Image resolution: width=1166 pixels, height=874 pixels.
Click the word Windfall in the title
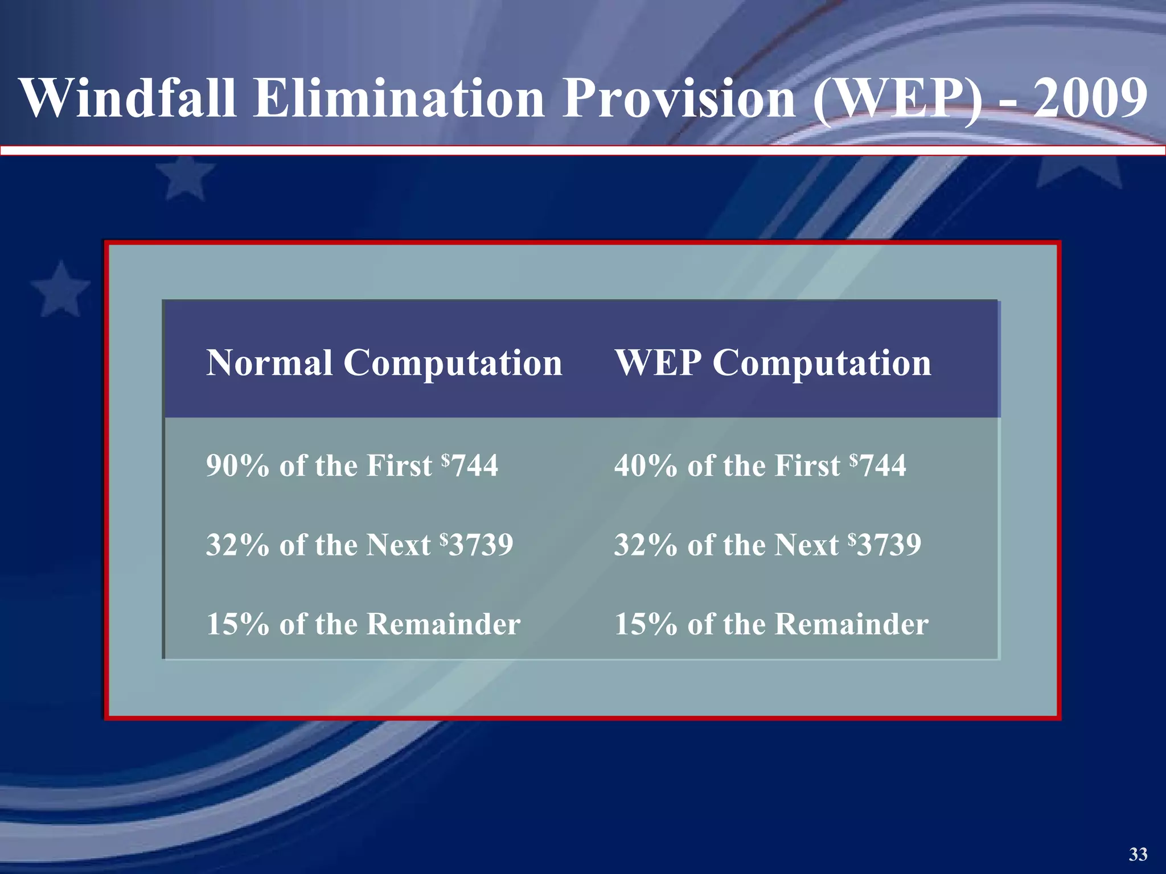pos(128,98)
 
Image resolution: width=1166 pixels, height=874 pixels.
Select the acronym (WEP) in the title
pos(898,99)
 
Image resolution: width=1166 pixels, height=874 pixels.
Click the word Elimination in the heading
pos(399,98)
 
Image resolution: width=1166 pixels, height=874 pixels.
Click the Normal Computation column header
pos(384,362)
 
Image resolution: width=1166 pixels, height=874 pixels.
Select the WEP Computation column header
pos(773,362)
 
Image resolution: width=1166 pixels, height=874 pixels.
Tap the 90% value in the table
pos(237,465)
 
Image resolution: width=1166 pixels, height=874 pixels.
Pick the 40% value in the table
pos(646,465)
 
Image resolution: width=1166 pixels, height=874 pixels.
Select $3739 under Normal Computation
pos(477,544)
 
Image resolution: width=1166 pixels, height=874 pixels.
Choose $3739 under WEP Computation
pos(885,544)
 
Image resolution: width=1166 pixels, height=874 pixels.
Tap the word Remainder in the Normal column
pos(444,624)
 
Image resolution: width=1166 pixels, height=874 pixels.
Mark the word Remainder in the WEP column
pos(852,624)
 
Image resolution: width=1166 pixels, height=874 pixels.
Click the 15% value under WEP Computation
pos(646,624)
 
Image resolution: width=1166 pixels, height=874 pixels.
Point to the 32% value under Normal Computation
pos(237,545)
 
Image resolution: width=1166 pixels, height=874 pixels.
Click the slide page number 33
pos(1138,854)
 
